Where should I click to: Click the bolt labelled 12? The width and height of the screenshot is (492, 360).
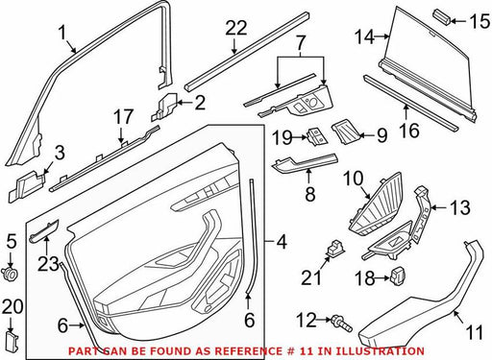click(x=342, y=323)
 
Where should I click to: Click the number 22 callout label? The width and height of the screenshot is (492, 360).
click(x=236, y=29)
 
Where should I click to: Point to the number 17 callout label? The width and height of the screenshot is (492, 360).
click(x=124, y=117)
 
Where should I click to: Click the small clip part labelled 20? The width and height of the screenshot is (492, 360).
click(x=12, y=341)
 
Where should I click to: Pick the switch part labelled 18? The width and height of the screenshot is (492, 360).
click(x=399, y=275)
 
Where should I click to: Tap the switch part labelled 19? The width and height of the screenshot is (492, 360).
click(x=317, y=136)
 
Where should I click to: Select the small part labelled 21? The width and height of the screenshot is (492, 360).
click(x=334, y=249)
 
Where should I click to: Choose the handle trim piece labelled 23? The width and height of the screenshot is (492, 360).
click(x=44, y=230)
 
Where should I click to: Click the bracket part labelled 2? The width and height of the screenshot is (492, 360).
click(x=165, y=107)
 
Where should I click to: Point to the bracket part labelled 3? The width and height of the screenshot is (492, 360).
click(x=26, y=186)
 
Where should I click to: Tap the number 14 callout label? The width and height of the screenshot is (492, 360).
click(x=364, y=36)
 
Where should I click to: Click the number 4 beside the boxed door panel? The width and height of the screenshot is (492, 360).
click(x=281, y=243)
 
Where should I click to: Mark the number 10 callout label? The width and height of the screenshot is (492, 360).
click(x=353, y=179)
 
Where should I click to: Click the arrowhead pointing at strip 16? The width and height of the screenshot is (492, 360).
click(x=406, y=108)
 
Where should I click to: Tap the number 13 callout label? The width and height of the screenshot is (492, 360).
click(x=460, y=207)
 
